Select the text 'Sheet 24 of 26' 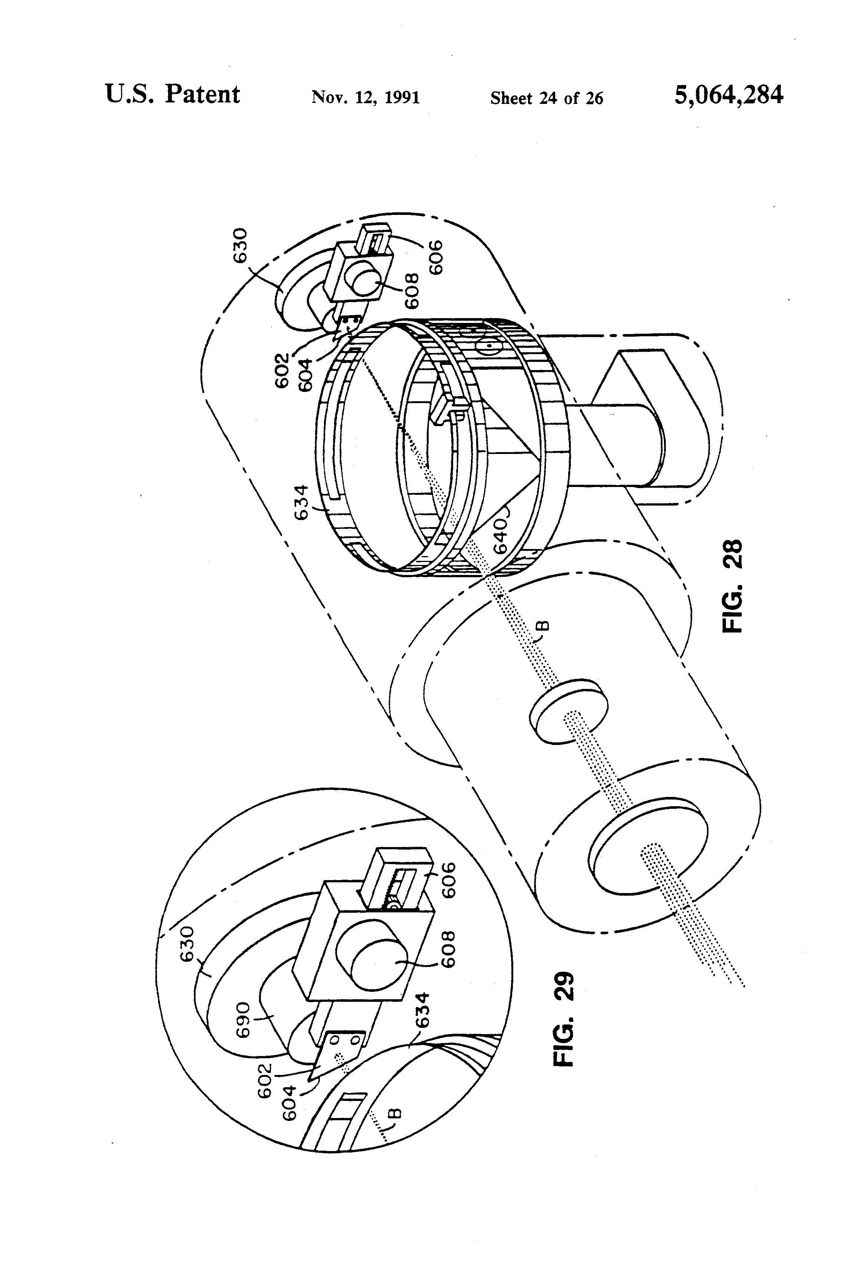pos(546,98)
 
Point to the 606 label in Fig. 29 pos(448,880)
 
